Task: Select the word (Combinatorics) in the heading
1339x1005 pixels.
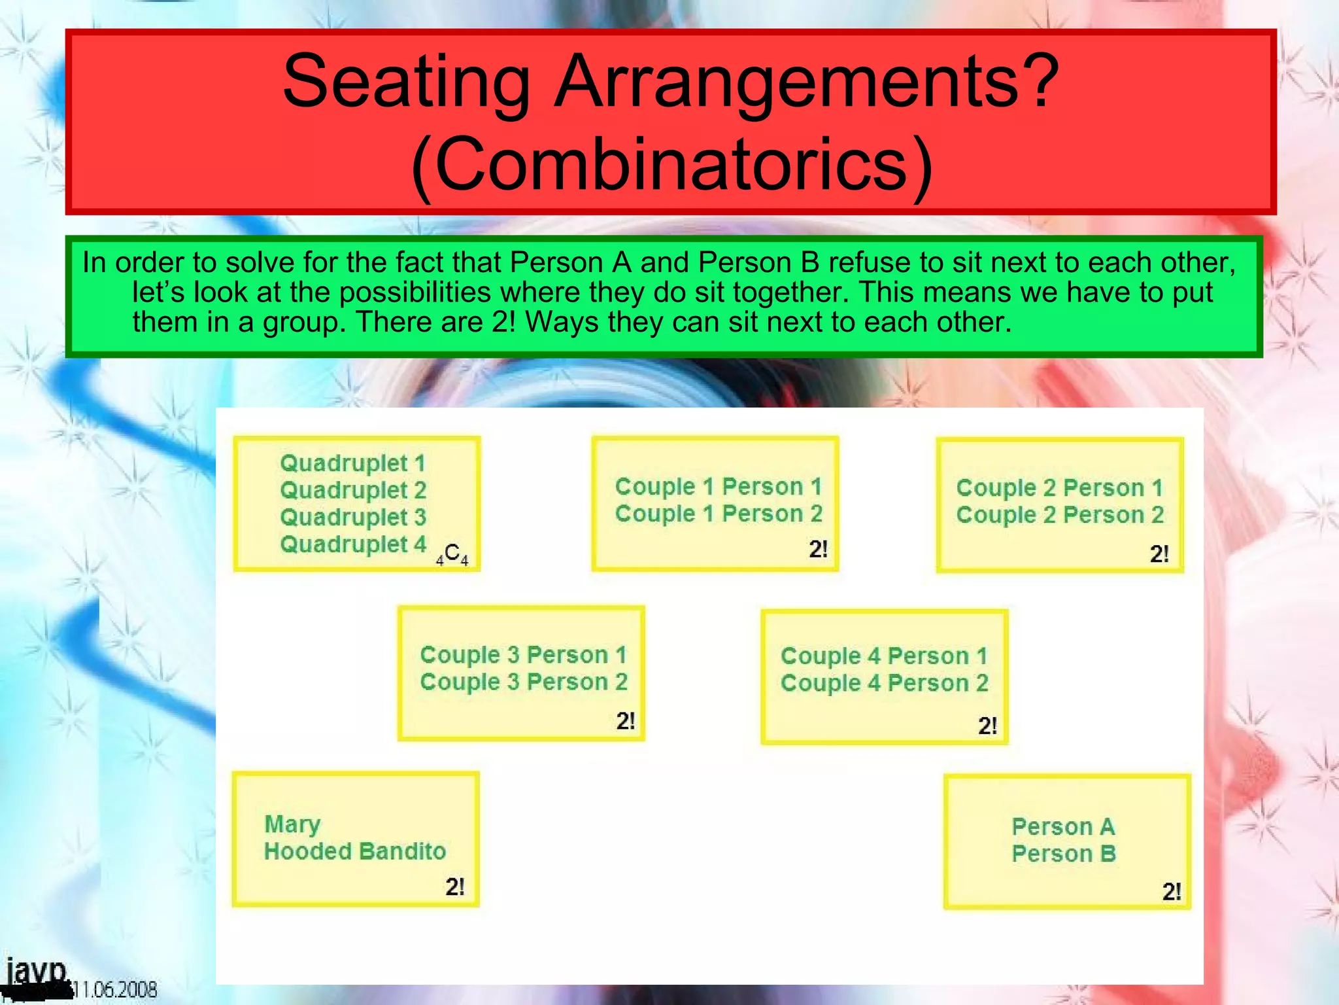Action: click(x=671, y=164)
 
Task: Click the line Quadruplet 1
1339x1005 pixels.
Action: click(x=352, y=463)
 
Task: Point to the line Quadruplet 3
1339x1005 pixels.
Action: click(x=352, y=517)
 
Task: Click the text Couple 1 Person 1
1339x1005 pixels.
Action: click(x=718, y=487)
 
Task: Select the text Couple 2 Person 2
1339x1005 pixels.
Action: click(x=1059, y=515)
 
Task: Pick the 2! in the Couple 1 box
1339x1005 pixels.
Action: click(x=818, y=549)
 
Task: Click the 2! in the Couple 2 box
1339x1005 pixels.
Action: click(x=1159, y=554)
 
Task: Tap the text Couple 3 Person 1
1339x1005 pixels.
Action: click(x=523, y=654)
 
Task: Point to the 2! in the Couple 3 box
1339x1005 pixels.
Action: click(x=625, y=721)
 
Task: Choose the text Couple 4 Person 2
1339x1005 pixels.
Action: click(x=884, y=683)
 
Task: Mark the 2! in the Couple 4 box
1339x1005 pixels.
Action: click(x=987, y=726)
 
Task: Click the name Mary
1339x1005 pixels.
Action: click(x=292, y=824)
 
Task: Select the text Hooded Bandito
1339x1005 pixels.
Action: click(x=355, y=851)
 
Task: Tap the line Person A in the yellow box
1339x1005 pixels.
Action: click(x=1063, y=826)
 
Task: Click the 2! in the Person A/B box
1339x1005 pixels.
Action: click(x=1171, y=892)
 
